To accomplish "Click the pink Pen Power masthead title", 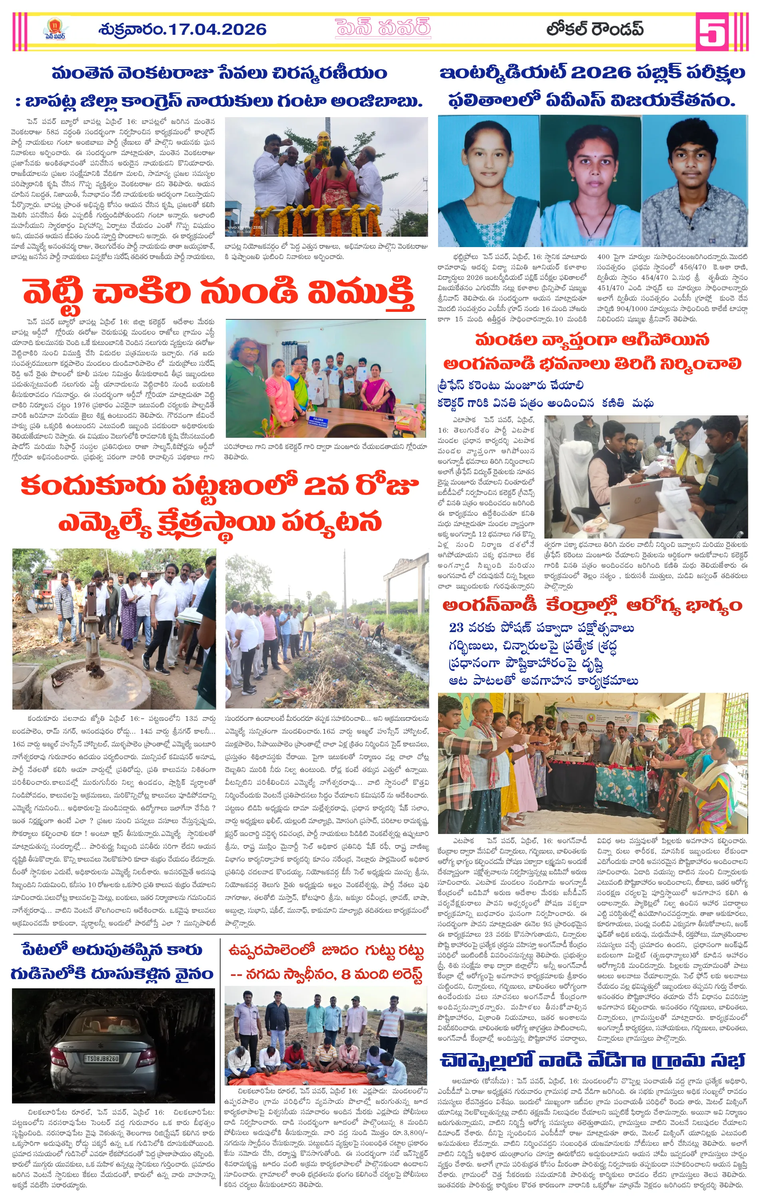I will (x=382, y=28).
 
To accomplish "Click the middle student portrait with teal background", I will (x=590, y=182).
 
